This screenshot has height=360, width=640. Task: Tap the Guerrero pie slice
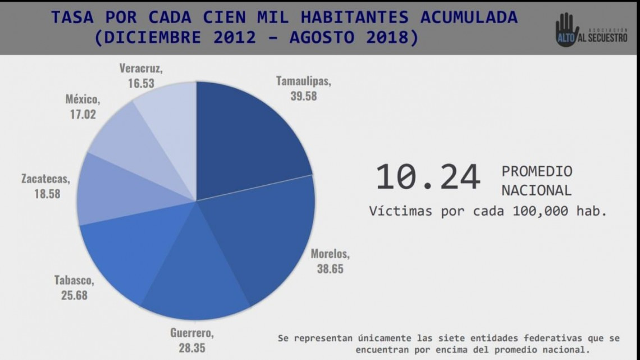[196, 270]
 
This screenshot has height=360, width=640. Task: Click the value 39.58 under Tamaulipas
[303, 96]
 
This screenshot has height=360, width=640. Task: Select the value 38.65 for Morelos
[330, 269]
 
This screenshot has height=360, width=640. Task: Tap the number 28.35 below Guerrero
[192, 348]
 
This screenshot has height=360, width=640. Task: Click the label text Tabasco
[74, 280]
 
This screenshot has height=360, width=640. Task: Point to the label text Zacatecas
[45, 180]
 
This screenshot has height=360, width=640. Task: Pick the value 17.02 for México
[81, 115]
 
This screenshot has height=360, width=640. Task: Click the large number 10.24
[428, 177]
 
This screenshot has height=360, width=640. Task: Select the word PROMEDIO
[537, 171]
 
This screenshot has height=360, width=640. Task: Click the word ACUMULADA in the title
[469, 17]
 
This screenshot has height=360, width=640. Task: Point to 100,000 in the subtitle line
[540, 211]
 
